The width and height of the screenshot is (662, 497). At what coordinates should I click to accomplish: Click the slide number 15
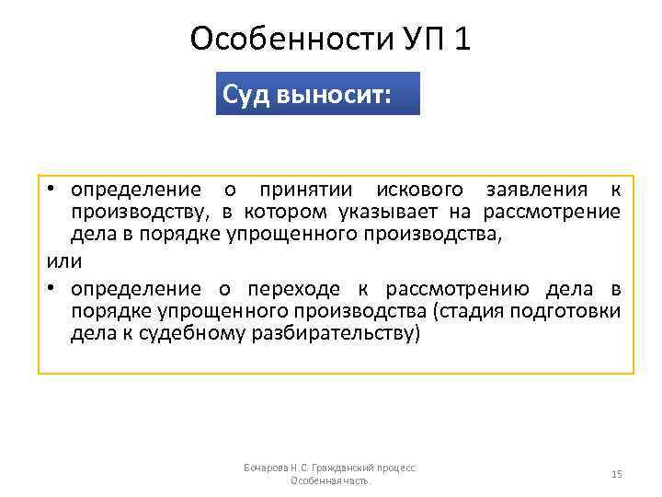[617, 474]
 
